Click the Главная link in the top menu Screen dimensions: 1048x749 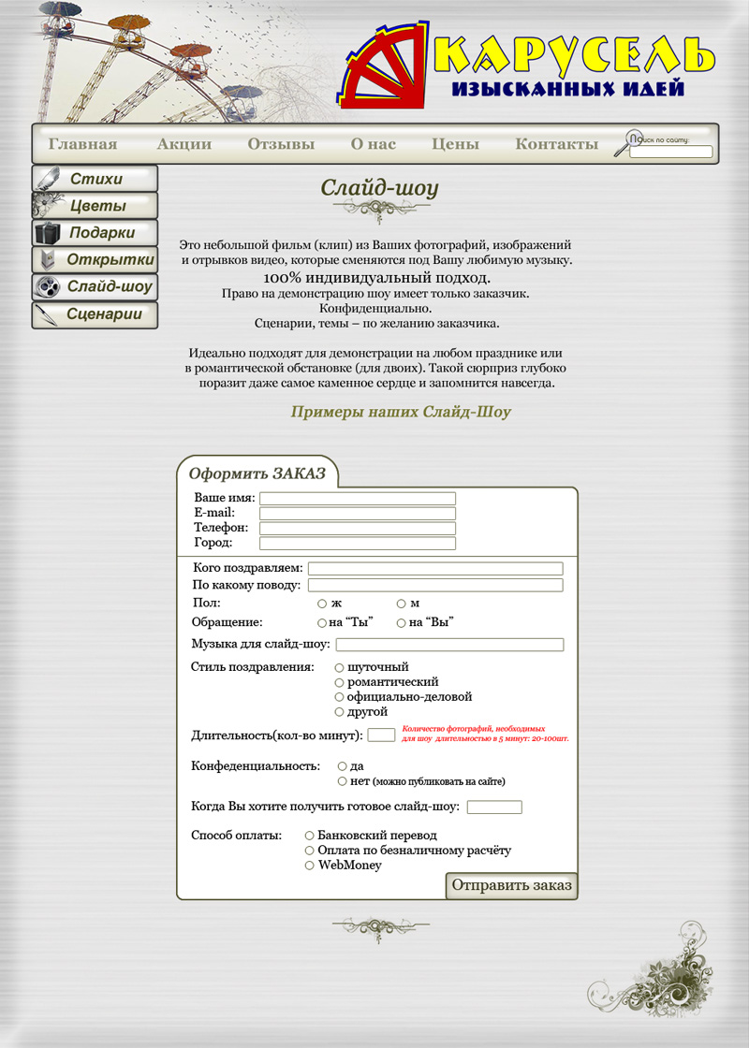click(82, 144)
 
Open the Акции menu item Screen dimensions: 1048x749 click(184, 144)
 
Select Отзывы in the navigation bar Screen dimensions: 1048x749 click(281, 144)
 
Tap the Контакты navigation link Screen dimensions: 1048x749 click(556, 144)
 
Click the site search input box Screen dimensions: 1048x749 click(670, 152)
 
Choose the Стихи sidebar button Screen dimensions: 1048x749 click(95, 179)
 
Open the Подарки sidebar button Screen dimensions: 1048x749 click(95, 233)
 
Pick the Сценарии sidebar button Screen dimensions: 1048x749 click(95, 314)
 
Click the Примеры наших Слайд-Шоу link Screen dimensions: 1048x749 click(401, 412)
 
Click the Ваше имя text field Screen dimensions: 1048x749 click(357, 499)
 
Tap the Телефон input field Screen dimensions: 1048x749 click(357, 529)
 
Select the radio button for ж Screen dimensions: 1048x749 click(322, 604)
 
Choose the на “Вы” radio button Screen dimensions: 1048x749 click(402, 622)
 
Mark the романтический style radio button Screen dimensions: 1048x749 click(340, 682)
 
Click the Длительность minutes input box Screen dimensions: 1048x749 click(381, 735)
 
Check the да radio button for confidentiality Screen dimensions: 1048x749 click(343, 766)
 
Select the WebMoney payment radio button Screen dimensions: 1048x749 click(310, 866)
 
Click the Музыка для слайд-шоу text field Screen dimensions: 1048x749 click(449, 645)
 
